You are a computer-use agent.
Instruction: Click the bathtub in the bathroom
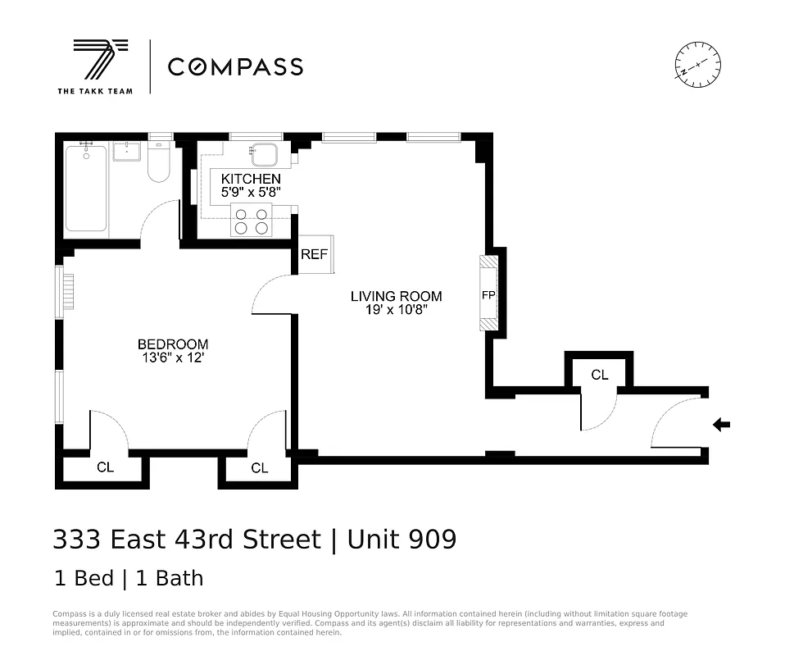(x=86, y=189)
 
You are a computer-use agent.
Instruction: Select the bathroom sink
(x=127, y=151)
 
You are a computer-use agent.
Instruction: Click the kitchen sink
(x=265, y=155)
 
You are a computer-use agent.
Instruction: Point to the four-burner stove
(x=251, y=220)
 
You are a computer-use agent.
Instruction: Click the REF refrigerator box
(x=314, y=254)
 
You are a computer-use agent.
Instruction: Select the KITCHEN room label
(x=251, y=179)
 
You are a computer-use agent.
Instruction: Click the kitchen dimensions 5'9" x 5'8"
(x=251, y=193)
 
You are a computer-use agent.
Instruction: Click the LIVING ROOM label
(x=397, y=296)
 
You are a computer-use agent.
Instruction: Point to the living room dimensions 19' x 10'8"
(x=397, y=310)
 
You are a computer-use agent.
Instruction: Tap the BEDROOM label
(x=173, y=344)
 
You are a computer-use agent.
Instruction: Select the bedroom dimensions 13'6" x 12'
(x=173, y=358)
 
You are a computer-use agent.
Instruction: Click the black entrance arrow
(x=721, y=424)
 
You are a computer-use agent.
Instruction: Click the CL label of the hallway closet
(x=600, y=375)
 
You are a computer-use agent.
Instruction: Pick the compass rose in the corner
(x=697, y=63)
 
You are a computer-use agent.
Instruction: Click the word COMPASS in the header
(x=235, y=66)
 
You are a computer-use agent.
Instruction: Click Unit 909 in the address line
(x=402, y=540)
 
